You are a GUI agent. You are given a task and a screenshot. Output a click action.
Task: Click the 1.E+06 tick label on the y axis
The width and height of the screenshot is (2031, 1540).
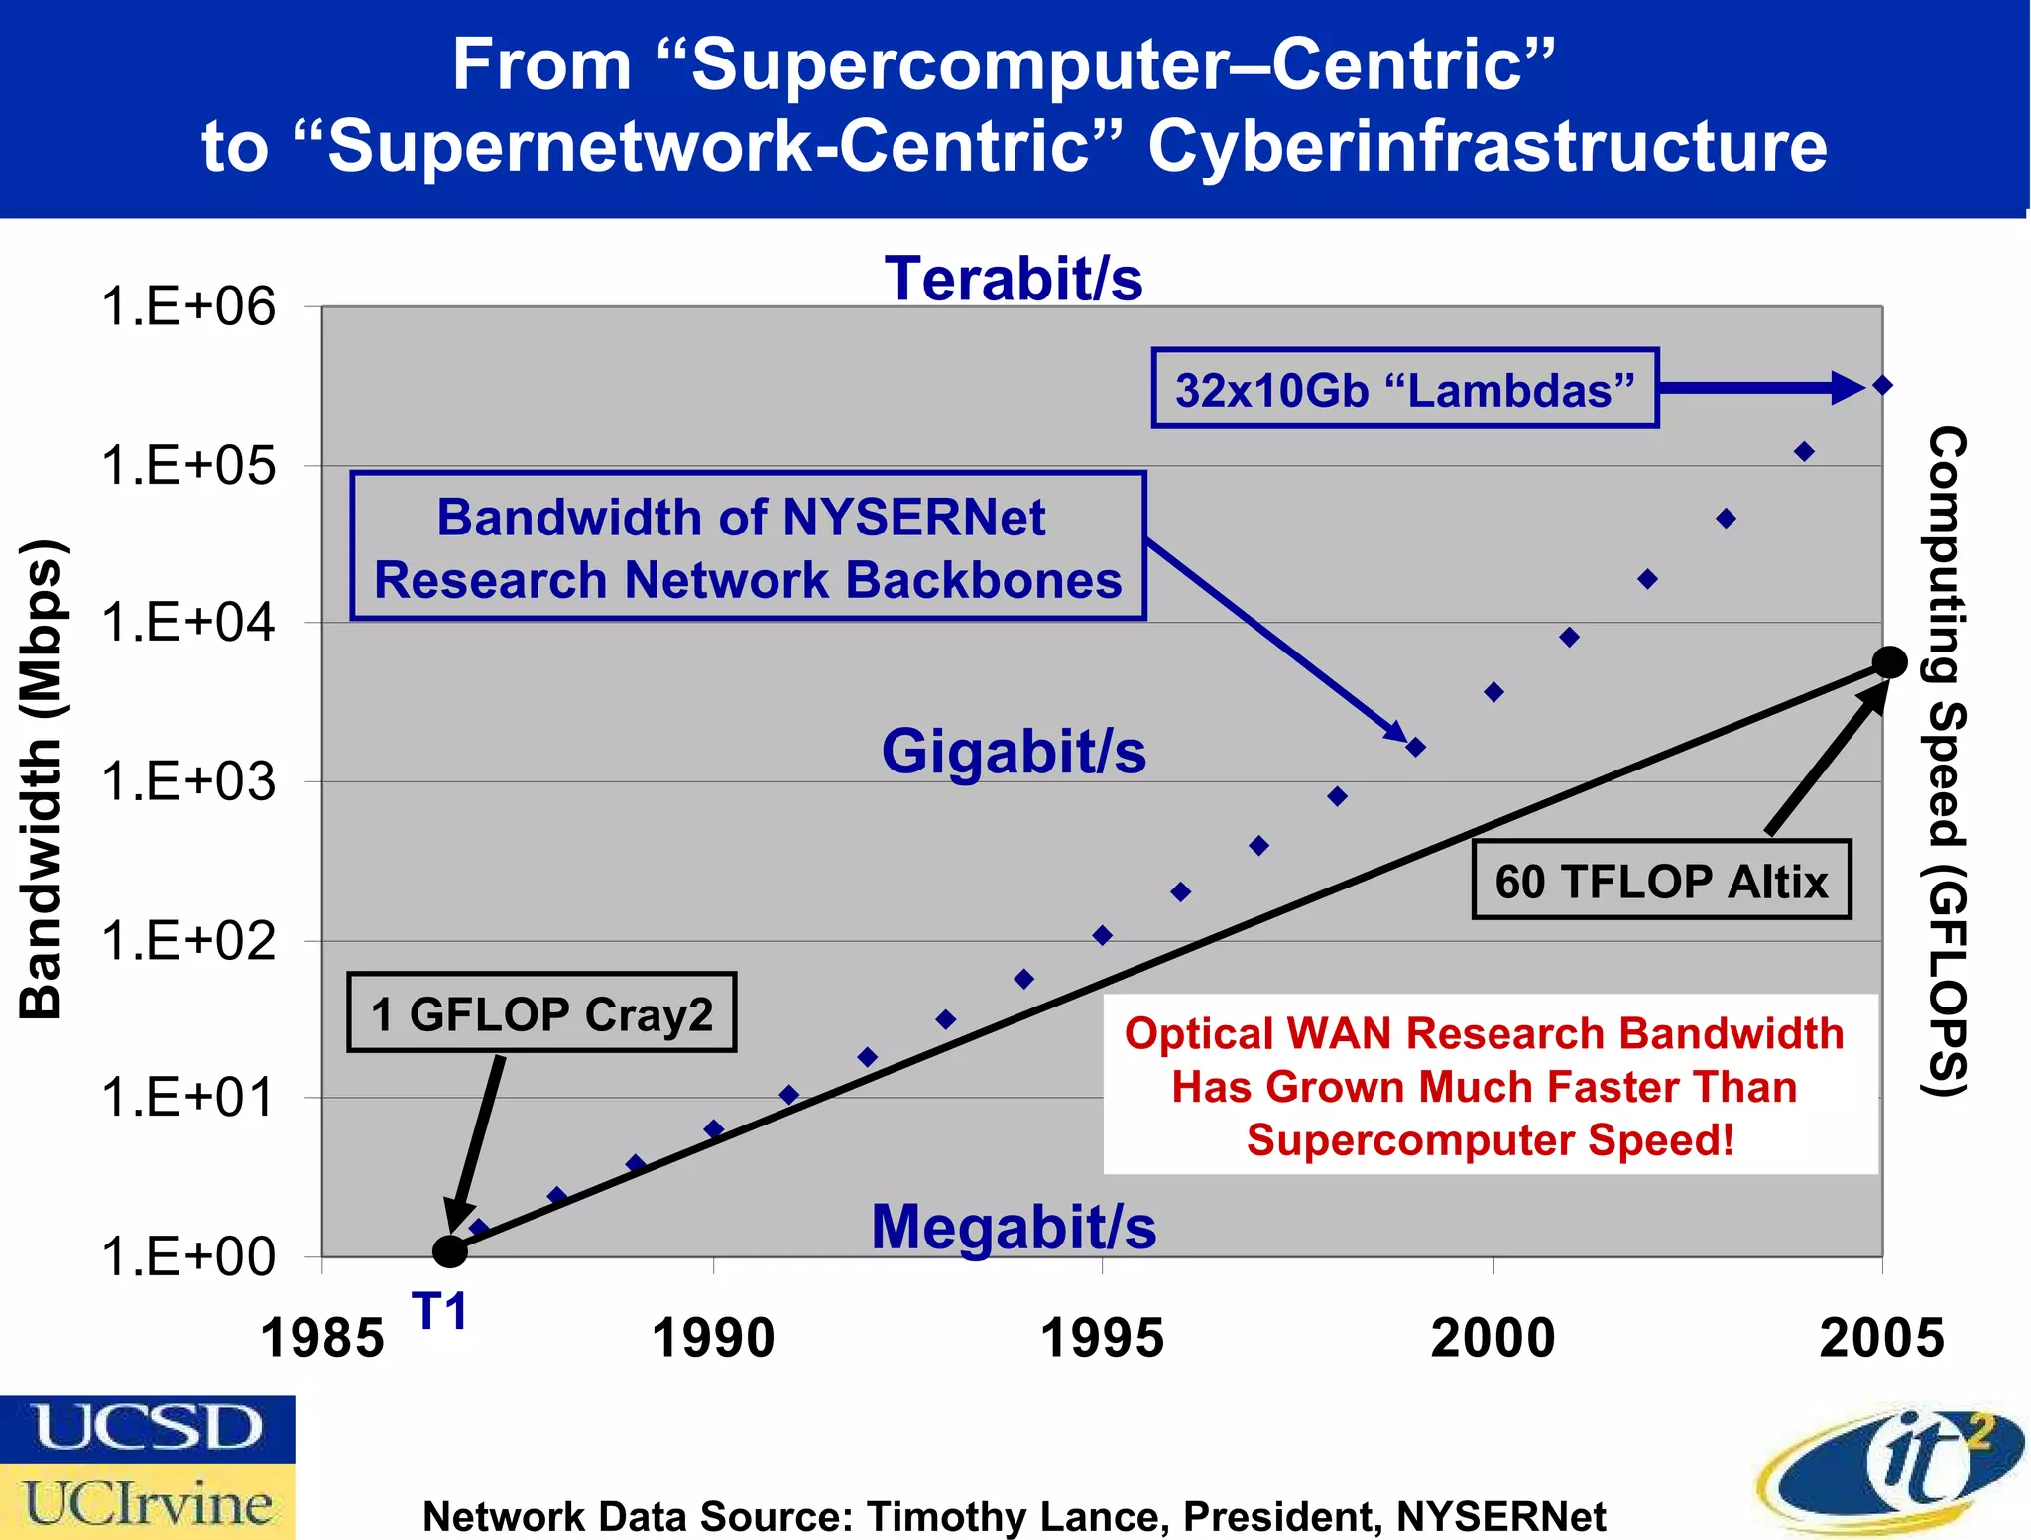[188, 306]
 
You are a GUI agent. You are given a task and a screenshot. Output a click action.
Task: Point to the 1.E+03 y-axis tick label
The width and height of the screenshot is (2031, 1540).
[188, 782]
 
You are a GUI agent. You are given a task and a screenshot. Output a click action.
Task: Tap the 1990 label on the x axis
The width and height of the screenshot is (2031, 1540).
[713, 1338]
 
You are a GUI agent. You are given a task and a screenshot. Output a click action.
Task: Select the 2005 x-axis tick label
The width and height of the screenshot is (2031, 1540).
[1881, 1338]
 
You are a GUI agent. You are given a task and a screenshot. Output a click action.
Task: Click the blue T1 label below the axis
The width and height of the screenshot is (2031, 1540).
[439, 1312]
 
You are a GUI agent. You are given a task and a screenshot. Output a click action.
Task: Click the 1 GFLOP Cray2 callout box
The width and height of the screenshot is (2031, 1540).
[541, 1013]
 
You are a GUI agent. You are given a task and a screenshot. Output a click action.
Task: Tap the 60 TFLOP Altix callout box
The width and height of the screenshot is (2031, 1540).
[1661, 881]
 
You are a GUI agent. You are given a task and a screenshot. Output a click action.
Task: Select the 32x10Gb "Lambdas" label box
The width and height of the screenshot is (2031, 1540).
[1404, 389]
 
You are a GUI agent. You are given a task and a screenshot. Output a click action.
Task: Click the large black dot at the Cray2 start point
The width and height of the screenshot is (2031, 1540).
[450, 1251]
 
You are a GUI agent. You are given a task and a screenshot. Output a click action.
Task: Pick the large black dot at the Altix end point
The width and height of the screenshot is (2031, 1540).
[1889, 662]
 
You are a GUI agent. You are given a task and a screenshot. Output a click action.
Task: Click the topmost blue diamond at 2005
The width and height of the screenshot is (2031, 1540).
[1883, 385]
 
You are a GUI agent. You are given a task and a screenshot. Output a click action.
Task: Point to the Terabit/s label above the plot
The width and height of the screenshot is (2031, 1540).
[1014, 279]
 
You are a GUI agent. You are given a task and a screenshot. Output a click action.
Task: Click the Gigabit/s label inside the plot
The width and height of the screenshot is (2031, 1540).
[1014, 751]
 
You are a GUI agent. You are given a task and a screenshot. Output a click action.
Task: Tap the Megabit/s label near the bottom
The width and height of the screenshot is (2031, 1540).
[1014, 1227]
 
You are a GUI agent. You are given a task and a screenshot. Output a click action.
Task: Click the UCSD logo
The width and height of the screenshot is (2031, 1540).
[148, 1428]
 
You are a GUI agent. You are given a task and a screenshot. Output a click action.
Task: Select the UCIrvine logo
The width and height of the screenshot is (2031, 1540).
[148, 1502]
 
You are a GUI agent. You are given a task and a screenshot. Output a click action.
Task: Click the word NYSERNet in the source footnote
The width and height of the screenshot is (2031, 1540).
[1500, 1517]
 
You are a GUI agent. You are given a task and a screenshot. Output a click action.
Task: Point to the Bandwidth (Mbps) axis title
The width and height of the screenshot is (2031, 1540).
[42, 778]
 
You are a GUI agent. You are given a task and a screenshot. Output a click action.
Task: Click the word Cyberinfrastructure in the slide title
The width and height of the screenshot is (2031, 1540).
[1487, 146]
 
